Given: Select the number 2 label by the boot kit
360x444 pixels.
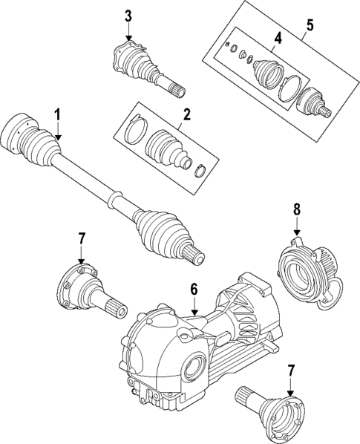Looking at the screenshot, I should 187,114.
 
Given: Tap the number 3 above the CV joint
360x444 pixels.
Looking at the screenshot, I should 128,16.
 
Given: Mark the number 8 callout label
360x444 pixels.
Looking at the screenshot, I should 296,210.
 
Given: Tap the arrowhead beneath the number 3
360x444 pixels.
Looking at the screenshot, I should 128,37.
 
